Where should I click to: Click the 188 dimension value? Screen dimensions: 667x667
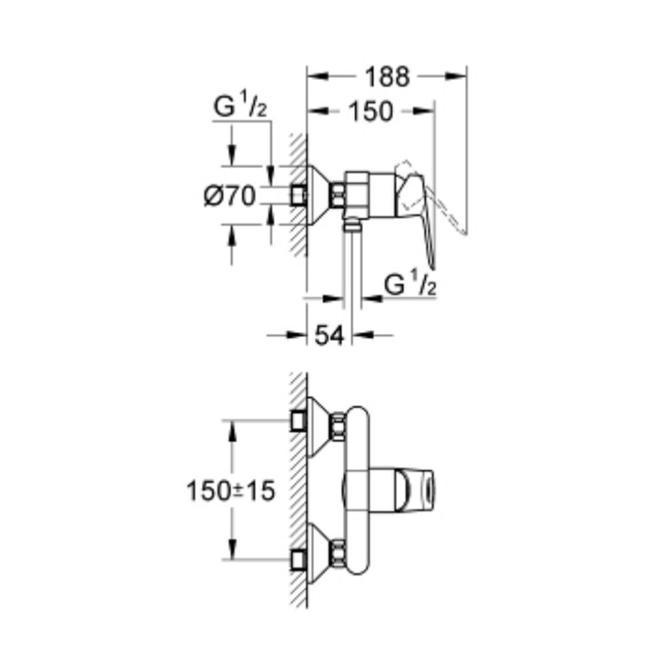(x=386, y=77)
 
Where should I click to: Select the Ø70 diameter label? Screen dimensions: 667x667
(x=229, y=196)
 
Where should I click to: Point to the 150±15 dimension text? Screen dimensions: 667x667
(x=231, y=492)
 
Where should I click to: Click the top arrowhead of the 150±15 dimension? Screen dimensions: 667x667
(x=233, y=430)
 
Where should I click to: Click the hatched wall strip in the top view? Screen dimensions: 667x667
(x=297, y=193)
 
